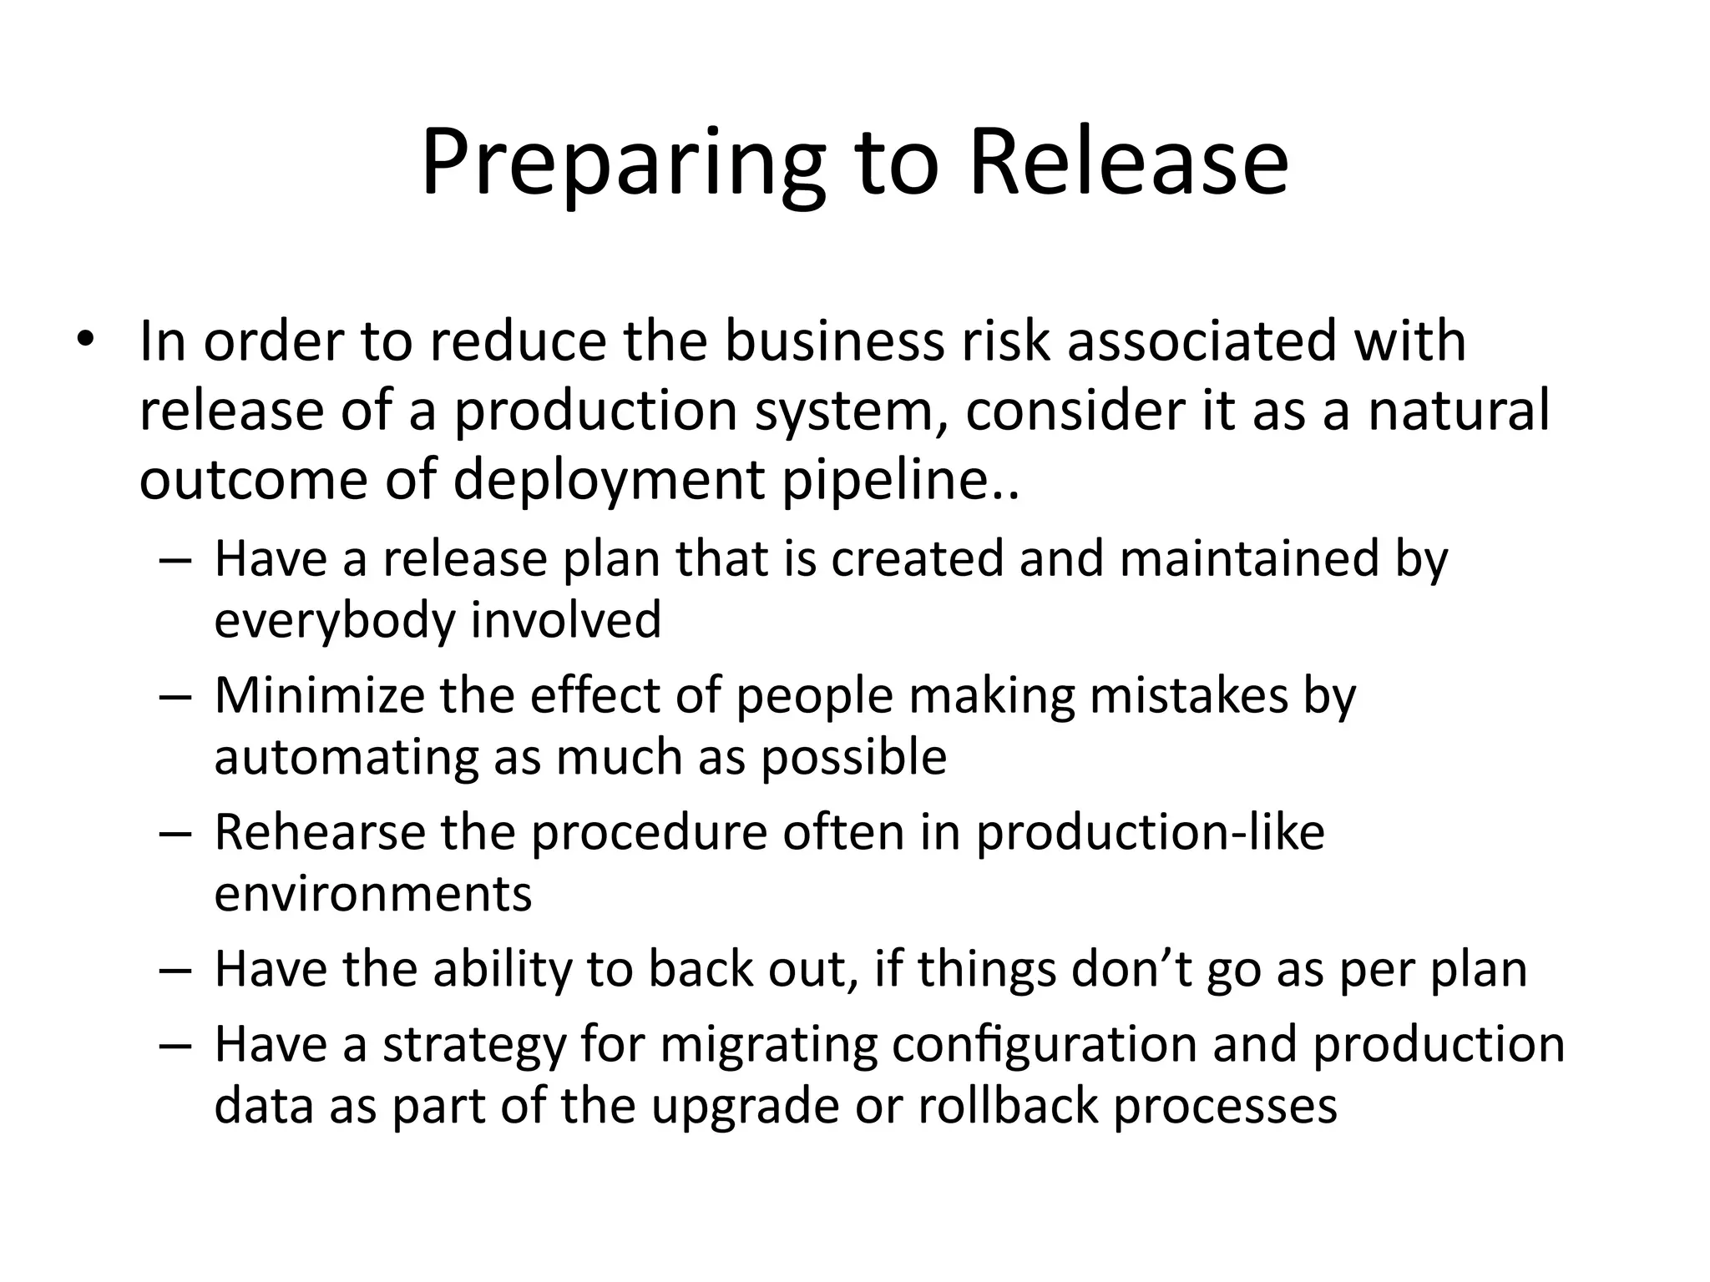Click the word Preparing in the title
623,163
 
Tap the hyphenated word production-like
1151,832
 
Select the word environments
372,893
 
